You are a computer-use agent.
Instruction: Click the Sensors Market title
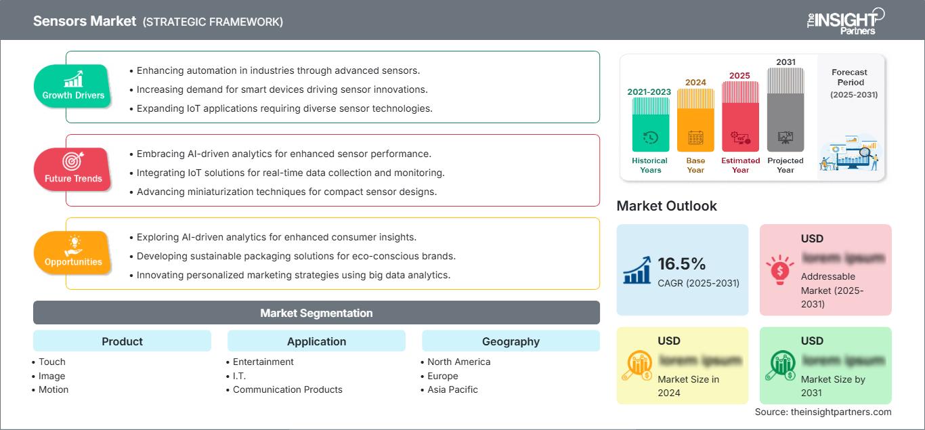click(85, 21)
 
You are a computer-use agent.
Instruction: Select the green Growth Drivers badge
click(73, 86)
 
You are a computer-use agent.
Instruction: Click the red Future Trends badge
click(73, 169)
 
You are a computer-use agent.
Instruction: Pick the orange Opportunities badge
click(73, 253)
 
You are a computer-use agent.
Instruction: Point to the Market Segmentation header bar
click(316, 313)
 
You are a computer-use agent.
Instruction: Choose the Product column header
click(122, 341)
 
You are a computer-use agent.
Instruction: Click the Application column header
click(316, 341)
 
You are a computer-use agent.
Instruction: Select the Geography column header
click(511, 341)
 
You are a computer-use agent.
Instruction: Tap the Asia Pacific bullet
click(452, 389)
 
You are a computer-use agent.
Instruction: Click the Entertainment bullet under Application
click(263, 362)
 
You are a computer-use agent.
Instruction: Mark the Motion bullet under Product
click(53, 389)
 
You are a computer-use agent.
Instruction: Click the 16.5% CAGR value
click(682, 264)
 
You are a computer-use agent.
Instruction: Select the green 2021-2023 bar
click(650, 125)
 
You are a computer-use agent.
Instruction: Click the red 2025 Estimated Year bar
click(740, 116)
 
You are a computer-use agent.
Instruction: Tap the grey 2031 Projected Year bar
click(786, 110)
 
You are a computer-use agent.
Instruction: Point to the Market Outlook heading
click(666, 206)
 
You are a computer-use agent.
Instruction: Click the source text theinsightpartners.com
click(823, 412)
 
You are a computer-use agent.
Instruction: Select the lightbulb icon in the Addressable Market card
click(779, 270)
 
